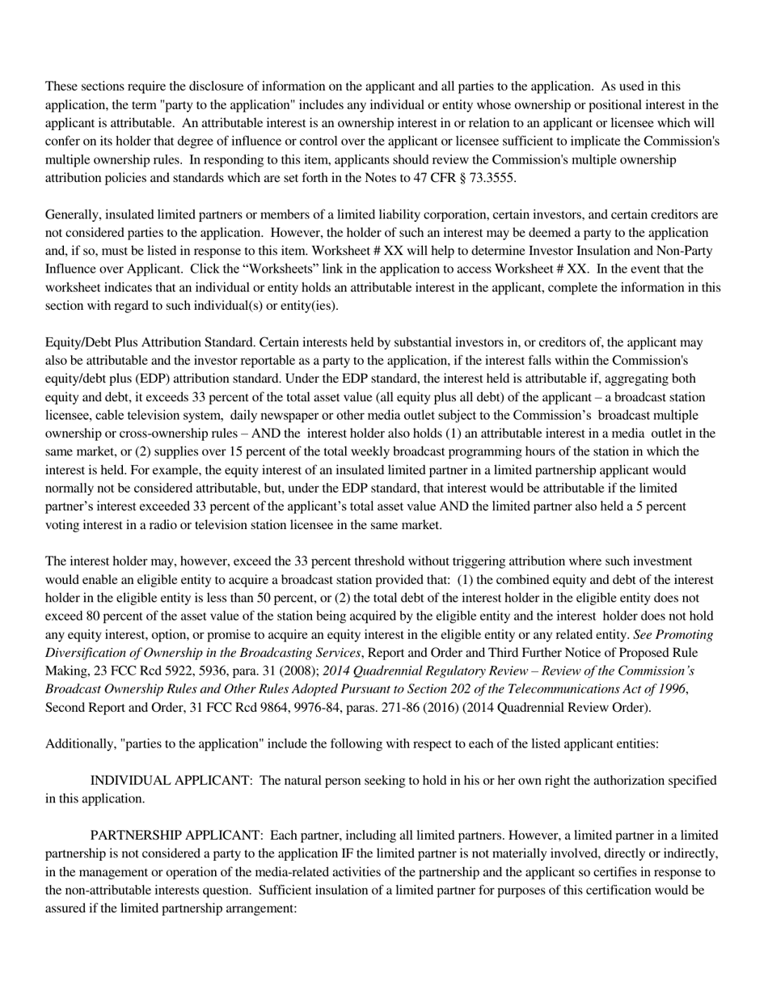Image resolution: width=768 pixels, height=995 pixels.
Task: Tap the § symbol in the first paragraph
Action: [x=458, y=178]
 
